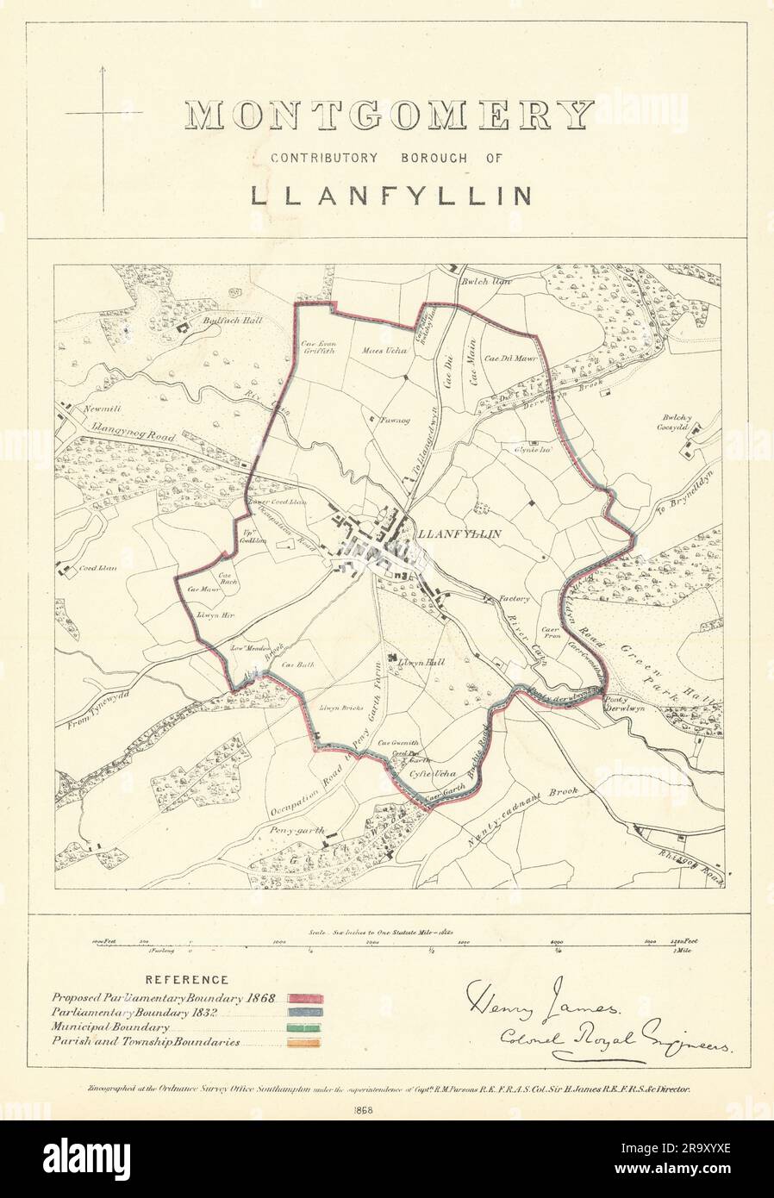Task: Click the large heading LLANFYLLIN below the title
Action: (x=390, y=194)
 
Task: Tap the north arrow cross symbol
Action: (x=104, y=114)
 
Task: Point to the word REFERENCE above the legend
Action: (x=187, y=980)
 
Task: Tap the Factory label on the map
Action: (x=516, y=598)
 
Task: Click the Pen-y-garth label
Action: (x=300, y=831)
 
